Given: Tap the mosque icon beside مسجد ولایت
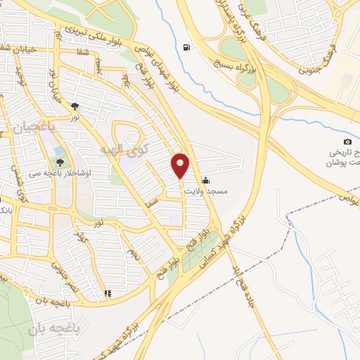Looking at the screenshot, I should [x=205, y=180].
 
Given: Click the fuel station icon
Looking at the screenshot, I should [x=186, y=48].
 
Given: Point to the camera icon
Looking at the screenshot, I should [x=347, y=141].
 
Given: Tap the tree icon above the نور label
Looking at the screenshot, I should [x=75, y=107].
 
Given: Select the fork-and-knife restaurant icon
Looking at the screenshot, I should [x=108, y=293].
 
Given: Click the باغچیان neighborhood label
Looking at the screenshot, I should [x=32, y=127].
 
